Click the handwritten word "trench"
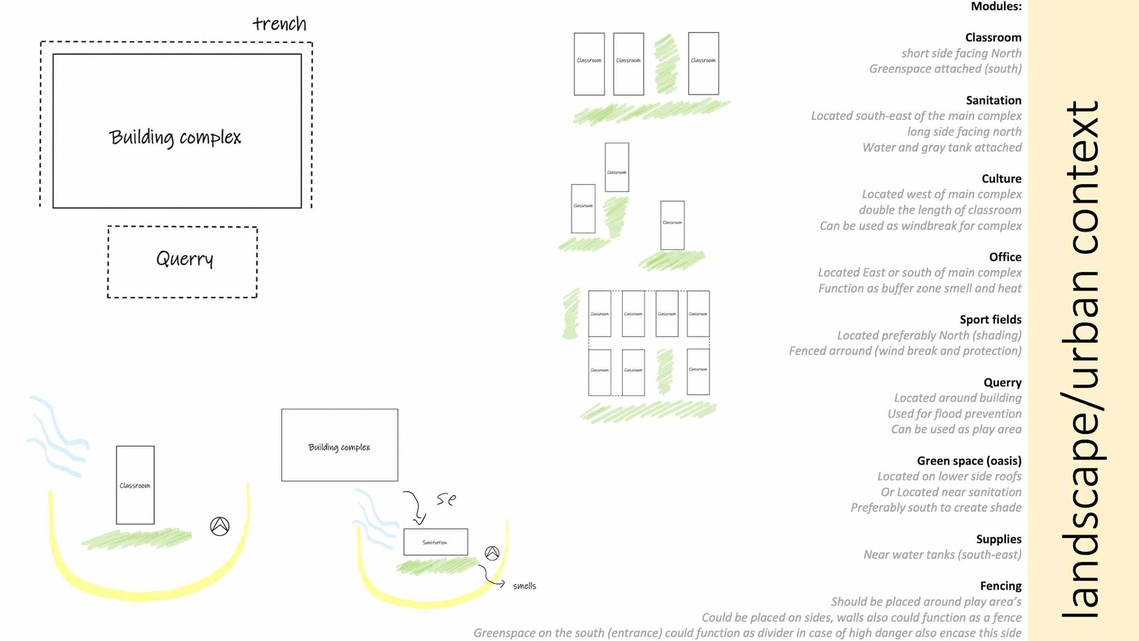click(279, 24)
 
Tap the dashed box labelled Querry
click(183, 261)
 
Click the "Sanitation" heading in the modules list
click(993, 100)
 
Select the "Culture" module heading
click(1001, 179)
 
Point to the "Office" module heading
click(1005, 257)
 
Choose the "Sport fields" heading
click(990, 319)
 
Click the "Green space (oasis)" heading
click(969, 461)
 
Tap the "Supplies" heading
click(998, 539)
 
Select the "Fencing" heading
click(1000, 586)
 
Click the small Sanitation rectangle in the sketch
click(435, 542)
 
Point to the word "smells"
click(524, 586)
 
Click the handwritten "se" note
click(446, 500)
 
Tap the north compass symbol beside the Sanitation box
click(492, 553)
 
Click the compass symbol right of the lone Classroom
click(219, 526)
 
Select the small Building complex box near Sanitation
click(339, 445)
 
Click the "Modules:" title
click(995, 7)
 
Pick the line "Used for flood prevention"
click(954, 414)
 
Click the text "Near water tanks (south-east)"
click(942, 554)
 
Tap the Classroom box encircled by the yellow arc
click(135, 485)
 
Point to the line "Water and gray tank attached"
click(941, 147)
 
